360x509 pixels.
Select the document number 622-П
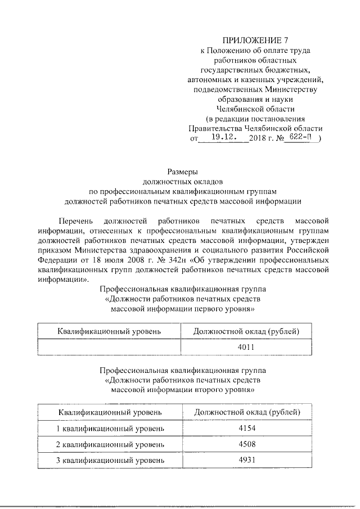[x=300, y=137]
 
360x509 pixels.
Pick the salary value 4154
[x=246, y=429]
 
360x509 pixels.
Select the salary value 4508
[x=246, y=444]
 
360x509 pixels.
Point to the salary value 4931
[x=246, y=460]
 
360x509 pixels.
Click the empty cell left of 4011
[x=109, y=347]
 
